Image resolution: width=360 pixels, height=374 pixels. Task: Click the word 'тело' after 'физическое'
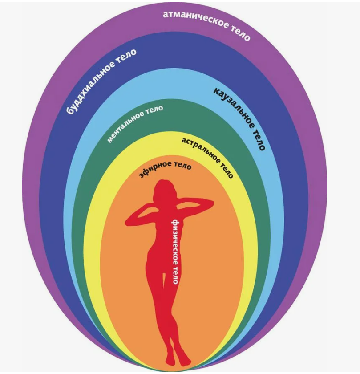point(175,275)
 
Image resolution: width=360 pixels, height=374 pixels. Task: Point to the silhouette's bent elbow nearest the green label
point(129,220)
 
